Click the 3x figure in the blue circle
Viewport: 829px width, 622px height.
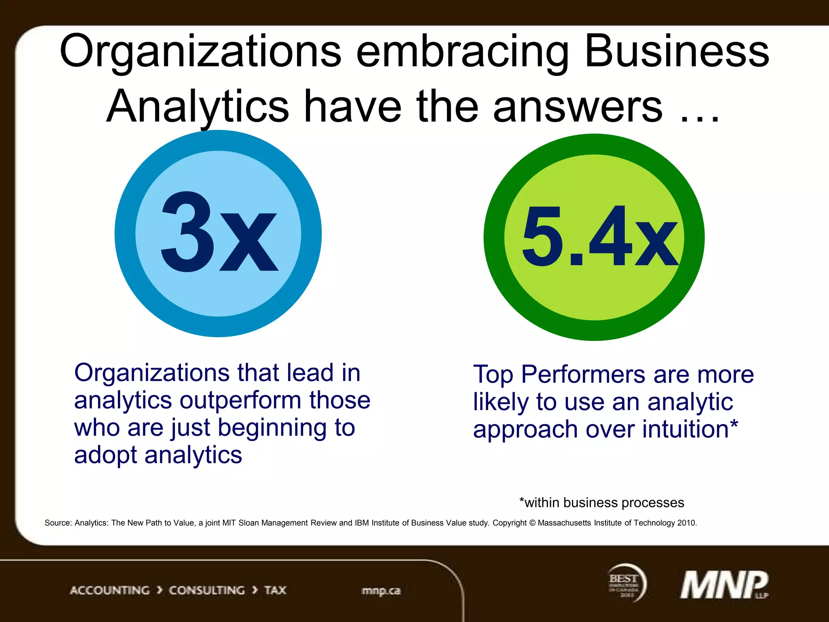tap(219, 233)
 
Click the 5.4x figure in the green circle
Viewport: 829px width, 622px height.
tap(599, 237)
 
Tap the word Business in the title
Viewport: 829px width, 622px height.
tap(676, 52)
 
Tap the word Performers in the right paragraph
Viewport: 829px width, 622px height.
tap(583, 375)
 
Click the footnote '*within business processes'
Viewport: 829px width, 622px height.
tap(602, 503)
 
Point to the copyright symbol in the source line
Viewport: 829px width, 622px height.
tap(532, 523)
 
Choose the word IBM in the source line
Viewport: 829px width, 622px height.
tap(361, 523)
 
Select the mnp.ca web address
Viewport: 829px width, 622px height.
tap(381, 591)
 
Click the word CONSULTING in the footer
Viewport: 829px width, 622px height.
tap(206, 590)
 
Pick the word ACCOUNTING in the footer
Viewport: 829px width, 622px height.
tap(110, 590)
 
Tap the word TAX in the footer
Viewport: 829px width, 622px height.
tap(275, 590)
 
